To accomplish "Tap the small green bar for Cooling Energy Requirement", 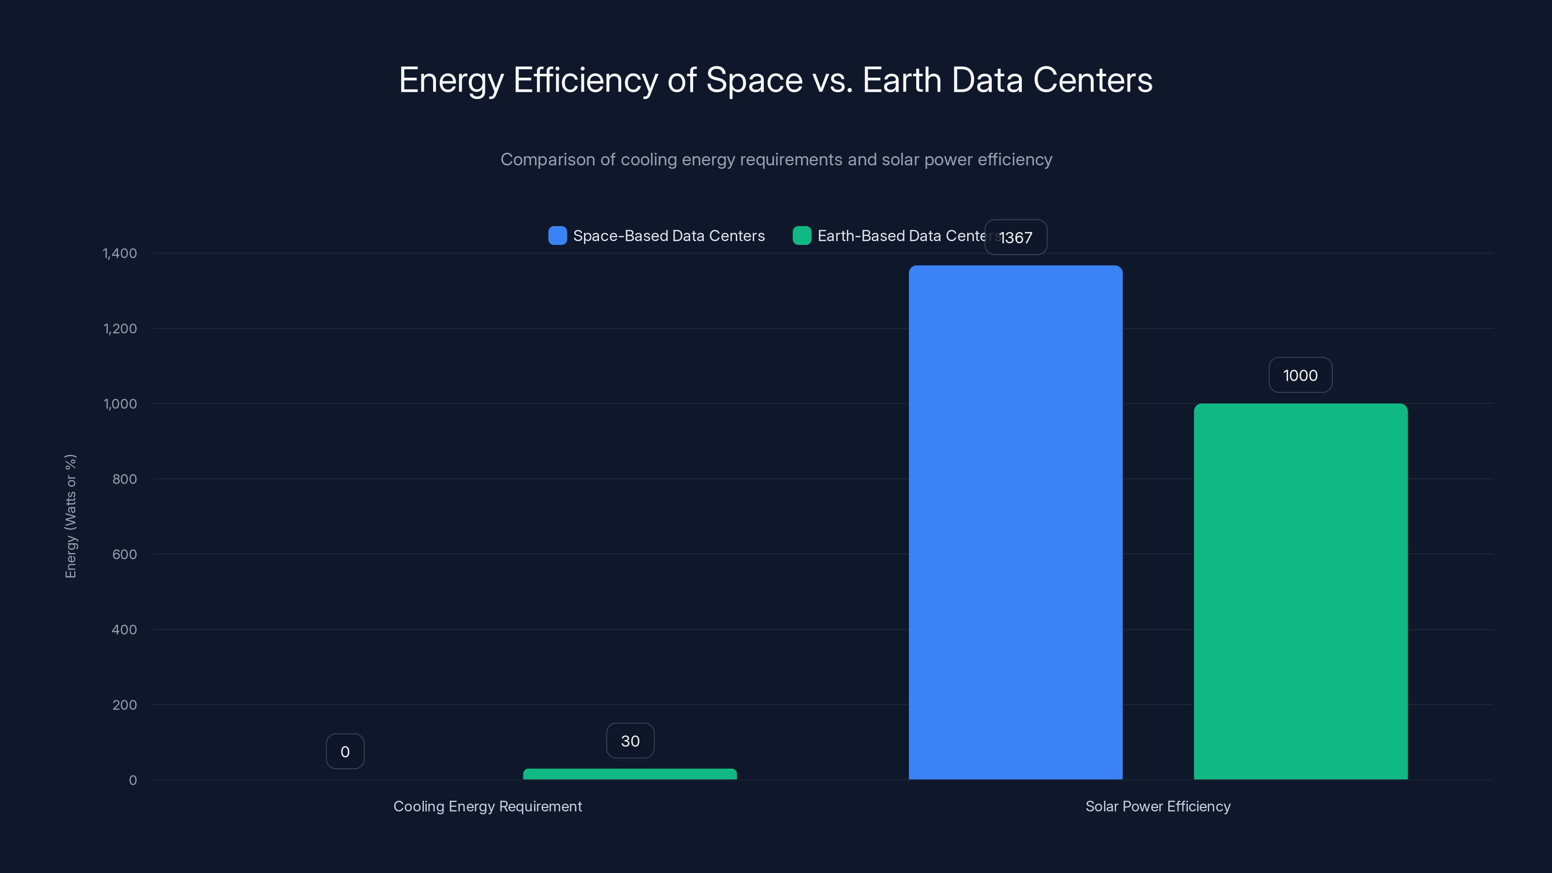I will point(630,774).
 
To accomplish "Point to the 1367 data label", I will point(1015,237).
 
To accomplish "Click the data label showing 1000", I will point(1300,375).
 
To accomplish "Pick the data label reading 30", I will point(630,741).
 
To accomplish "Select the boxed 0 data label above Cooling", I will point(345,751).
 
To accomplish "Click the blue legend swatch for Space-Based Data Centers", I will point(557,236).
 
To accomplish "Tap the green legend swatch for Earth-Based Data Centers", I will point(801,236).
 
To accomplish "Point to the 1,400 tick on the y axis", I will point(119,253).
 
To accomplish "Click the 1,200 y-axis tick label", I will point(120,328).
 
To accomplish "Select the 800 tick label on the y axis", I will point(124,479).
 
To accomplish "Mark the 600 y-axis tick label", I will point(124,554).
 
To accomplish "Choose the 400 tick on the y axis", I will point(124,630).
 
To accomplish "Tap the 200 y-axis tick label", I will point(124,705).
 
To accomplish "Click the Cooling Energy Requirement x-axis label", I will point(487,806).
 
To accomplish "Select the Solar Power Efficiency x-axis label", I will point(1157,806).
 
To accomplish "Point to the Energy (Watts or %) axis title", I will point(70,517).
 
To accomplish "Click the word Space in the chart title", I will point(754,80).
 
